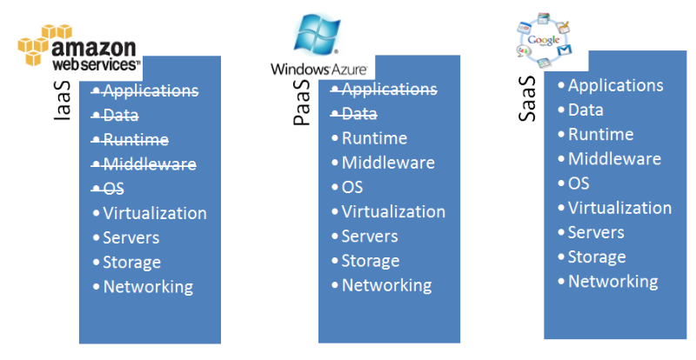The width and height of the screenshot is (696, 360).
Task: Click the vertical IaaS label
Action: pyautogui.click(x=63, y=110)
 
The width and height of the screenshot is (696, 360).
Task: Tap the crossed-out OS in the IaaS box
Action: pyautogui.click(x=113, y=189)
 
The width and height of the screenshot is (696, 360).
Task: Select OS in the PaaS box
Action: pyautogui.click(x=351, y=187)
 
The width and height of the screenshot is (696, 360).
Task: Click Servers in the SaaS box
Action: pyautogui.click(x=596, y=232)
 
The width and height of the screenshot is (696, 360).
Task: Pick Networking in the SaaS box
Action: pyautogui.click(x=612, y=282)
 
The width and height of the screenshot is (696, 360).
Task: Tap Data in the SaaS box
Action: pyautogui.click(x=586, y=110)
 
